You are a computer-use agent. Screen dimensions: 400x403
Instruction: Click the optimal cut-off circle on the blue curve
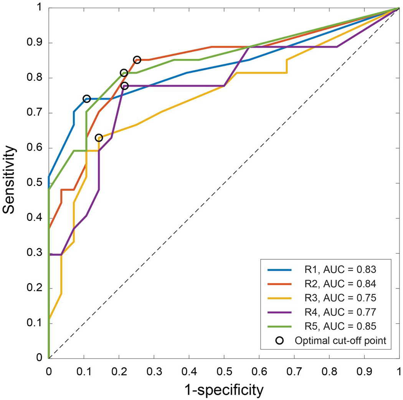tap(87, 99)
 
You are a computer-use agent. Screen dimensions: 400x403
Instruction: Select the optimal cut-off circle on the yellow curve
tap(99, 138)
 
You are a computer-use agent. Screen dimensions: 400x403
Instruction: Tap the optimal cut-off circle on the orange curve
tap(137, 60)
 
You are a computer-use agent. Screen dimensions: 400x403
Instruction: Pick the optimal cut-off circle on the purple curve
tap(124, 86)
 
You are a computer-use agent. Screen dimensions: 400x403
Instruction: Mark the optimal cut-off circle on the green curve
tap(124, 73)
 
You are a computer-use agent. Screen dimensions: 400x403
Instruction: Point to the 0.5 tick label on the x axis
tap(224, 371)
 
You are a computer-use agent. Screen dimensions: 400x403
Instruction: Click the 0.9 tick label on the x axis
tap(364, 371)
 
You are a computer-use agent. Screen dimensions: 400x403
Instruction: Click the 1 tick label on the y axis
tap(40, 8)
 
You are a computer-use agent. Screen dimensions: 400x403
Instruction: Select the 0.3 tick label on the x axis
tap(154, 371)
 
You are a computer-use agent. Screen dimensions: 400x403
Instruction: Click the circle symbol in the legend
tap(280, 340)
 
